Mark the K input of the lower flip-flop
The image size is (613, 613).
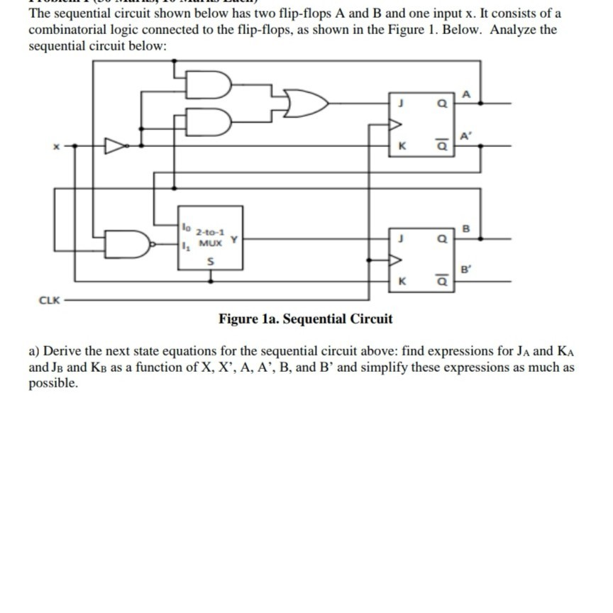(401, 282)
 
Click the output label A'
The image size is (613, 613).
(465, 136)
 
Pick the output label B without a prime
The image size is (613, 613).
(465, 228)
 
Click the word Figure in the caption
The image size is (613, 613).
(238, 319)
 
